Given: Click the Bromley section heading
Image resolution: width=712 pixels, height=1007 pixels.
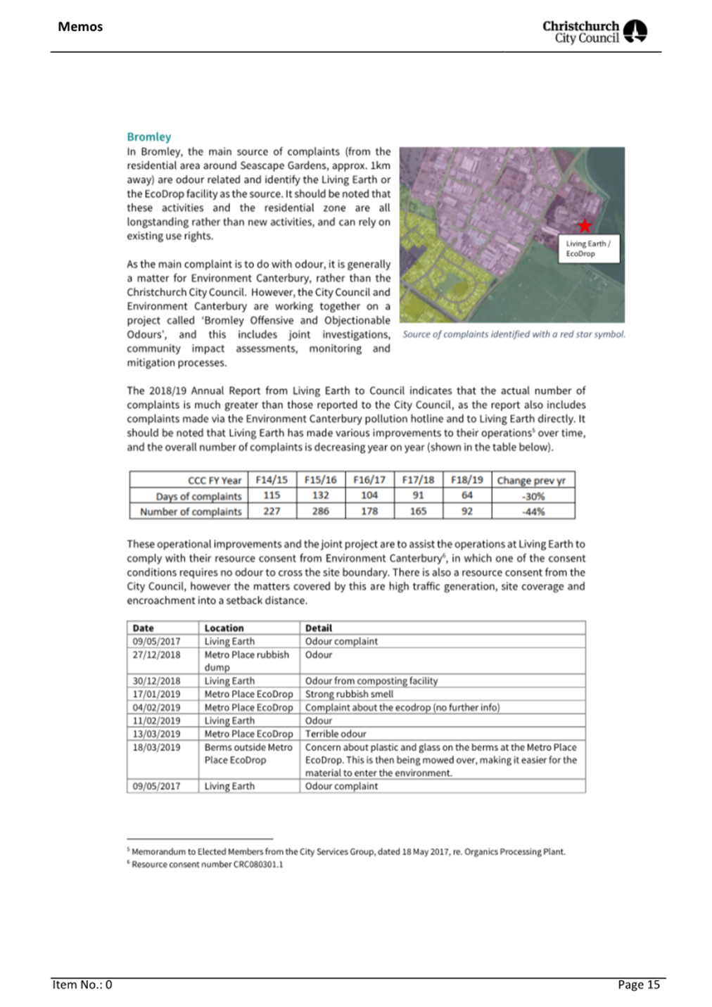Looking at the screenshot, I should tap(148, 137).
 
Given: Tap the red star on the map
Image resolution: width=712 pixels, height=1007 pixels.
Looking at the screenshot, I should tap(585, 226).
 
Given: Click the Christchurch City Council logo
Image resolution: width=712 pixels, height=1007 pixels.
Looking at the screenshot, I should tap(595, 32).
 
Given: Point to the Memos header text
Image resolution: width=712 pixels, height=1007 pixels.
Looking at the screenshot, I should tap(80, 27).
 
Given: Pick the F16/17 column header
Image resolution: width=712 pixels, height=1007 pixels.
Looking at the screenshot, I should tap(369, 480).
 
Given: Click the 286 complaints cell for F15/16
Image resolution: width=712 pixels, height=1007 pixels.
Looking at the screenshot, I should tap(321, 512).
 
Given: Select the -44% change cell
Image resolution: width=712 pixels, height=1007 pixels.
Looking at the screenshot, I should tap(533, 512).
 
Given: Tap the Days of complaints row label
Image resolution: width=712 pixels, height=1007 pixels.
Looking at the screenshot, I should tap(198, 496).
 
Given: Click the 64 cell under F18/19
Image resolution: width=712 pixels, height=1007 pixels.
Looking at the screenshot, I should tap(467, 495).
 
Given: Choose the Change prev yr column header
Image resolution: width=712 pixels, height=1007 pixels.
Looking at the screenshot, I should tap(531, 481).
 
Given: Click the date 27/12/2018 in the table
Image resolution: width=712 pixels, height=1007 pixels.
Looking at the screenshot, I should tap(156, 654).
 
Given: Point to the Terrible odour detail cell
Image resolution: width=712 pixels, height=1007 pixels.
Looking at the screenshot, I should tap(336, 734).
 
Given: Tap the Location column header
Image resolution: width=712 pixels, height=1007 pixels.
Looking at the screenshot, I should tap(224, 628).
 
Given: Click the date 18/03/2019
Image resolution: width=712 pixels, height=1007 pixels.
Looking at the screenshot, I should tap(156, 747).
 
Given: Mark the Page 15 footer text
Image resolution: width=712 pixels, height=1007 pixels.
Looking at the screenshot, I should tap(639, 984).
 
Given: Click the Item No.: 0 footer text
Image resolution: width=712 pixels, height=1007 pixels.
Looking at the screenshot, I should tap(82, 984).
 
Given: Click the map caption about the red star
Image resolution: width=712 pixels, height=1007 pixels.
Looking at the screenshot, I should tap(514, 334).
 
